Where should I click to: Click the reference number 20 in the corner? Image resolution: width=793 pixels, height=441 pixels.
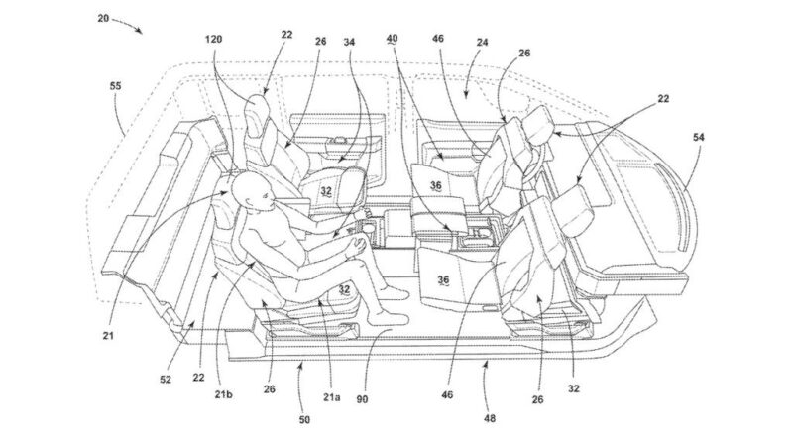[103, 18]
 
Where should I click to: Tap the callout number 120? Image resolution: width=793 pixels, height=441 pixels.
[213, 39]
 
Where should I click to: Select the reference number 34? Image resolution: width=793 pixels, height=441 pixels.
[349, 42]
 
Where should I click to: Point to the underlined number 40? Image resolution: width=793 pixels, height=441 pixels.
[392, 39]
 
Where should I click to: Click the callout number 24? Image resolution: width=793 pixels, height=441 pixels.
[482, 42]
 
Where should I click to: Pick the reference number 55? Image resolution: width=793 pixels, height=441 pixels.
[115, 86]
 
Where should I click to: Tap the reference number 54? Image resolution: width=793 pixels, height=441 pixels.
[699, 137]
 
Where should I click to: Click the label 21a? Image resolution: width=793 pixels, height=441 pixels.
[332, 397]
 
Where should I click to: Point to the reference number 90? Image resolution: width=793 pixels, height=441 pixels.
[362, 399]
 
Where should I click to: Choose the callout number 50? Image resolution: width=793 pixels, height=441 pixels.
[304, 420]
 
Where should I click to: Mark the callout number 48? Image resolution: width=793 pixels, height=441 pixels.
[489, 418]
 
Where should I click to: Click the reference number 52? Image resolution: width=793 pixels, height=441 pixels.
[166, 380]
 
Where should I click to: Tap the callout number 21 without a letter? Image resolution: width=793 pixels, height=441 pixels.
[108, 335]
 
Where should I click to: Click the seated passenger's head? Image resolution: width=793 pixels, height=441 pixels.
[252, 191]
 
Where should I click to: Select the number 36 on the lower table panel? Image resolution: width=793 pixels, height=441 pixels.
[443, 280]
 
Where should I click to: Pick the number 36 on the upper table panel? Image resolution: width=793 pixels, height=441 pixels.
[436, 186]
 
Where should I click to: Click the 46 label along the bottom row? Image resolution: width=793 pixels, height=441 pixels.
[447, 394]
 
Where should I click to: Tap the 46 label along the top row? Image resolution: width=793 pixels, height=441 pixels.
[438, 39]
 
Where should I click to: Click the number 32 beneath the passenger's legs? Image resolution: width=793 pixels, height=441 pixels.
[344, 289]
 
